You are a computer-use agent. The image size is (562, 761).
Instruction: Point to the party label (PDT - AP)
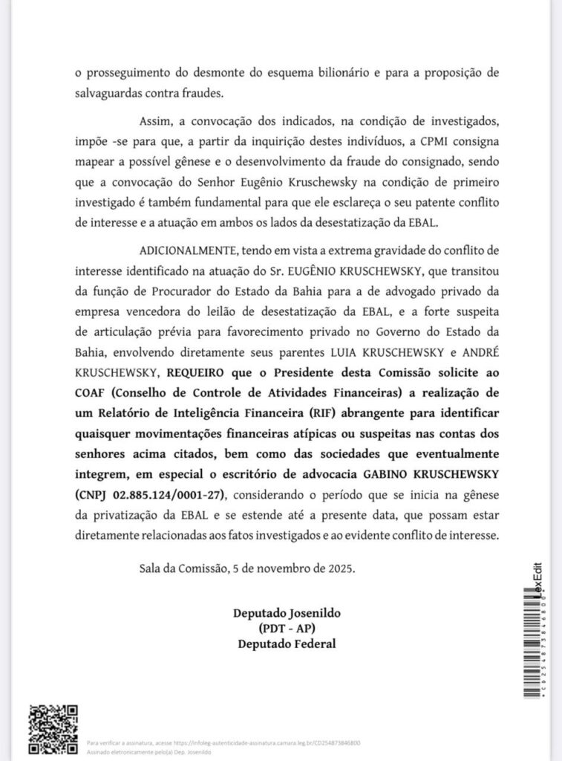287,629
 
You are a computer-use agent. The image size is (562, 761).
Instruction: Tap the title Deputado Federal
287,644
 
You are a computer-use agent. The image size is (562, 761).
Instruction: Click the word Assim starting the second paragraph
154,121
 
